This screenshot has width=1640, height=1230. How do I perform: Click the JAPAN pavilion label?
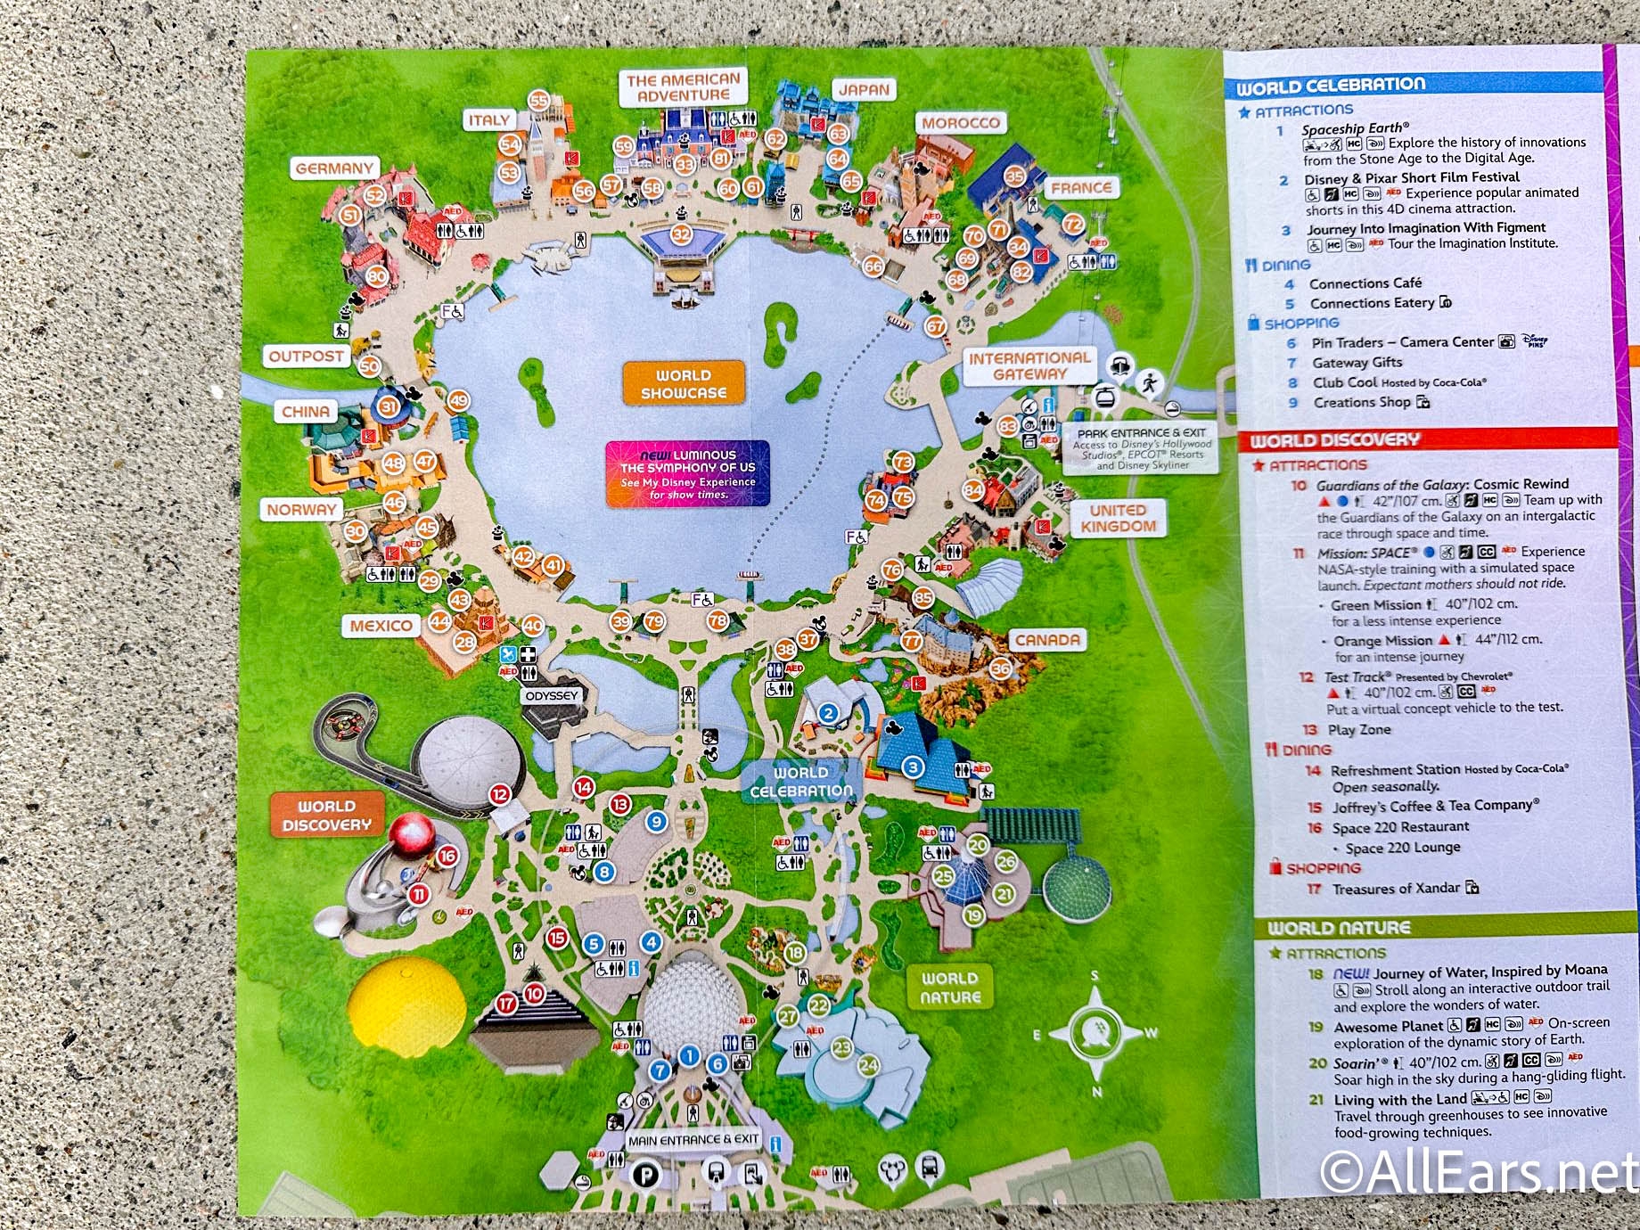coord(863,89)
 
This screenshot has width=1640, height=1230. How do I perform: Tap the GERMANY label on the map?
coord(334,168)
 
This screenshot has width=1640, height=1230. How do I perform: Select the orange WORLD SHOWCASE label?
coord(684,383)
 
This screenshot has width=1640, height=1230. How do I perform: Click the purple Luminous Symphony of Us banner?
coord(687,473)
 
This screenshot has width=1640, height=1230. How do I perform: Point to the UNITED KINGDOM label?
coord(1118,518)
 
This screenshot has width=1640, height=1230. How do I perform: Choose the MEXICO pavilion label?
coord(381,626)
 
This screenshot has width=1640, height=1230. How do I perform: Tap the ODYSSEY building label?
coord(552,695)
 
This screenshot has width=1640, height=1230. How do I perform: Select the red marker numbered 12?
coord(500,793)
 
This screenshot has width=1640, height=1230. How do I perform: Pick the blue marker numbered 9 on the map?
coord(657,821)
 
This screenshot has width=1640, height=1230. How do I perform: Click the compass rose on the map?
coord(1095,1034)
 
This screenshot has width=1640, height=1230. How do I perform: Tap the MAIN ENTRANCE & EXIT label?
coord(693,1139)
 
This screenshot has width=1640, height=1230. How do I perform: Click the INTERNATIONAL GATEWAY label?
coord(1029,365)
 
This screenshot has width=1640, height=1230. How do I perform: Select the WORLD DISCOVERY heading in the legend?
coord(1334,440)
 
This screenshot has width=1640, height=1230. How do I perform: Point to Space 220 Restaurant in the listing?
coord(1400,827)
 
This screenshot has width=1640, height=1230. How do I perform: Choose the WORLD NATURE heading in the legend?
coord(1338,928)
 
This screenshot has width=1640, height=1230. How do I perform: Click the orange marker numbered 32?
coord(681,234)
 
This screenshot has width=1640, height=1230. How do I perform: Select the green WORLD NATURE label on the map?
coord(949,988)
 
